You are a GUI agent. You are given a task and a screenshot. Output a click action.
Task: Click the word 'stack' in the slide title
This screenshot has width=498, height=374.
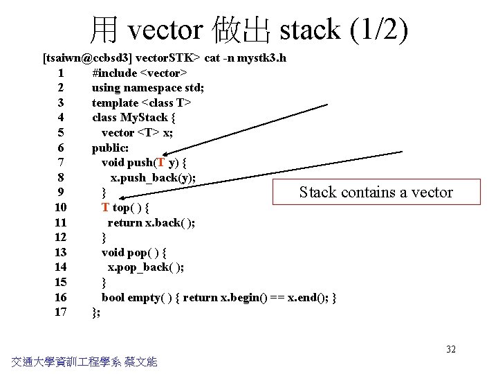[x=309, y=30]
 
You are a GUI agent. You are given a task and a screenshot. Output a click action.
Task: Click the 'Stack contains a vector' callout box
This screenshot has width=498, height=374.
[x=376, y=192]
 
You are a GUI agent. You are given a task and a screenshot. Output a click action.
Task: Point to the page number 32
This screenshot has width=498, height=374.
[x=451, y=349]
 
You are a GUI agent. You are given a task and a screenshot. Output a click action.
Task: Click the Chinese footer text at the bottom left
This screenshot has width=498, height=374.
[x=84, y=361]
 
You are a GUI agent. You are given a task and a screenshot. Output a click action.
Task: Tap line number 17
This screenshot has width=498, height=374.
[x=60, y=312]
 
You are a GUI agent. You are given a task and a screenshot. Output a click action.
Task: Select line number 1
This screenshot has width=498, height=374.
[x=62, y=73]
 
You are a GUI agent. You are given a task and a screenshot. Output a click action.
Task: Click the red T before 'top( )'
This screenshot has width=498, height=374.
[x=105, y=208]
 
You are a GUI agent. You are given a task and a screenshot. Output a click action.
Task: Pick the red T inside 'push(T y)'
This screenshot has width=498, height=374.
[x=160, y=163]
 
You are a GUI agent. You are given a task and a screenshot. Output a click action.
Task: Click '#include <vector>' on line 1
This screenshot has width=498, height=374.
[x=140, y=73]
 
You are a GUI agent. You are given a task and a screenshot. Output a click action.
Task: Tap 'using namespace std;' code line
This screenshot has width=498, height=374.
[x=147, y=88]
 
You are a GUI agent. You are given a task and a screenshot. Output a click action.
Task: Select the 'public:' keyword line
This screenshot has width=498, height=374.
[x=110, y=148]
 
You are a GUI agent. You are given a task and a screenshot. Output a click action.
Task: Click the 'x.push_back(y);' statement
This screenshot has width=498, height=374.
[x=153, y=177]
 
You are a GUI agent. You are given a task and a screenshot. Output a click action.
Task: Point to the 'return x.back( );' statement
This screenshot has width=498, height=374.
[x=151, y=222]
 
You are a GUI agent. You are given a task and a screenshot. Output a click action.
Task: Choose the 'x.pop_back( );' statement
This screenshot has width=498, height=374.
[x=145, y=267]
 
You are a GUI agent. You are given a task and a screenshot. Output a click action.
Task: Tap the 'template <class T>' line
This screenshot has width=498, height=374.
[x=142, y=103]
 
